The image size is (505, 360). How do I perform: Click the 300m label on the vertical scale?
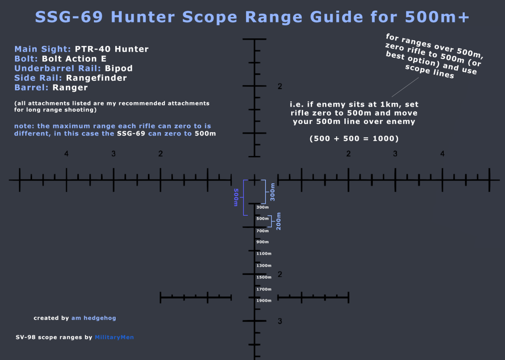click(x=262, y=207)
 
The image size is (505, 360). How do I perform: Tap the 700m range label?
click(x=262, y=231)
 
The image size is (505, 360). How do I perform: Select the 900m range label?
click(x=262, y=242)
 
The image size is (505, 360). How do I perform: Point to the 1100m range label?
click(x=264, y=254)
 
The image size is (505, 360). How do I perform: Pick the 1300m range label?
click(x=264, y=266)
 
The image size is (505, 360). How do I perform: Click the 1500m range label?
click(x=264, y=277)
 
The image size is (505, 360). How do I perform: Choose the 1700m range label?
click(x=264, y=289)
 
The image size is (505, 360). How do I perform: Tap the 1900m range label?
click(x=264, y=301)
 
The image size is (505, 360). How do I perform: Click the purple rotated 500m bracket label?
click(x=236, y=197)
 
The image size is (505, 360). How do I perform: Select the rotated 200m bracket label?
click(x=279, y=221)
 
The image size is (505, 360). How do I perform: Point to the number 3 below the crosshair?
click(x=280, y=321)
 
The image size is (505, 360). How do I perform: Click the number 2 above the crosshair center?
click(x=280, y=87)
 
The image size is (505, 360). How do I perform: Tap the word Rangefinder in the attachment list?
click(x=96, y=78)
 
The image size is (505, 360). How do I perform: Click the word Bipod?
click(x=118, y=68)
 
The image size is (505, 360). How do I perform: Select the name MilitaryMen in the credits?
click(x=114, y=337)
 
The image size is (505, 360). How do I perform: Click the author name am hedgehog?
click(x=94, y=318)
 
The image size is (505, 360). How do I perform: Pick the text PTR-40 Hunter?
click(x=112, y=49)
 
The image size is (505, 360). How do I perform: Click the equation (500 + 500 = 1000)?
click(x=354, y=139)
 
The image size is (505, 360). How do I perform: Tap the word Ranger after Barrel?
click(x=70, y=87)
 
